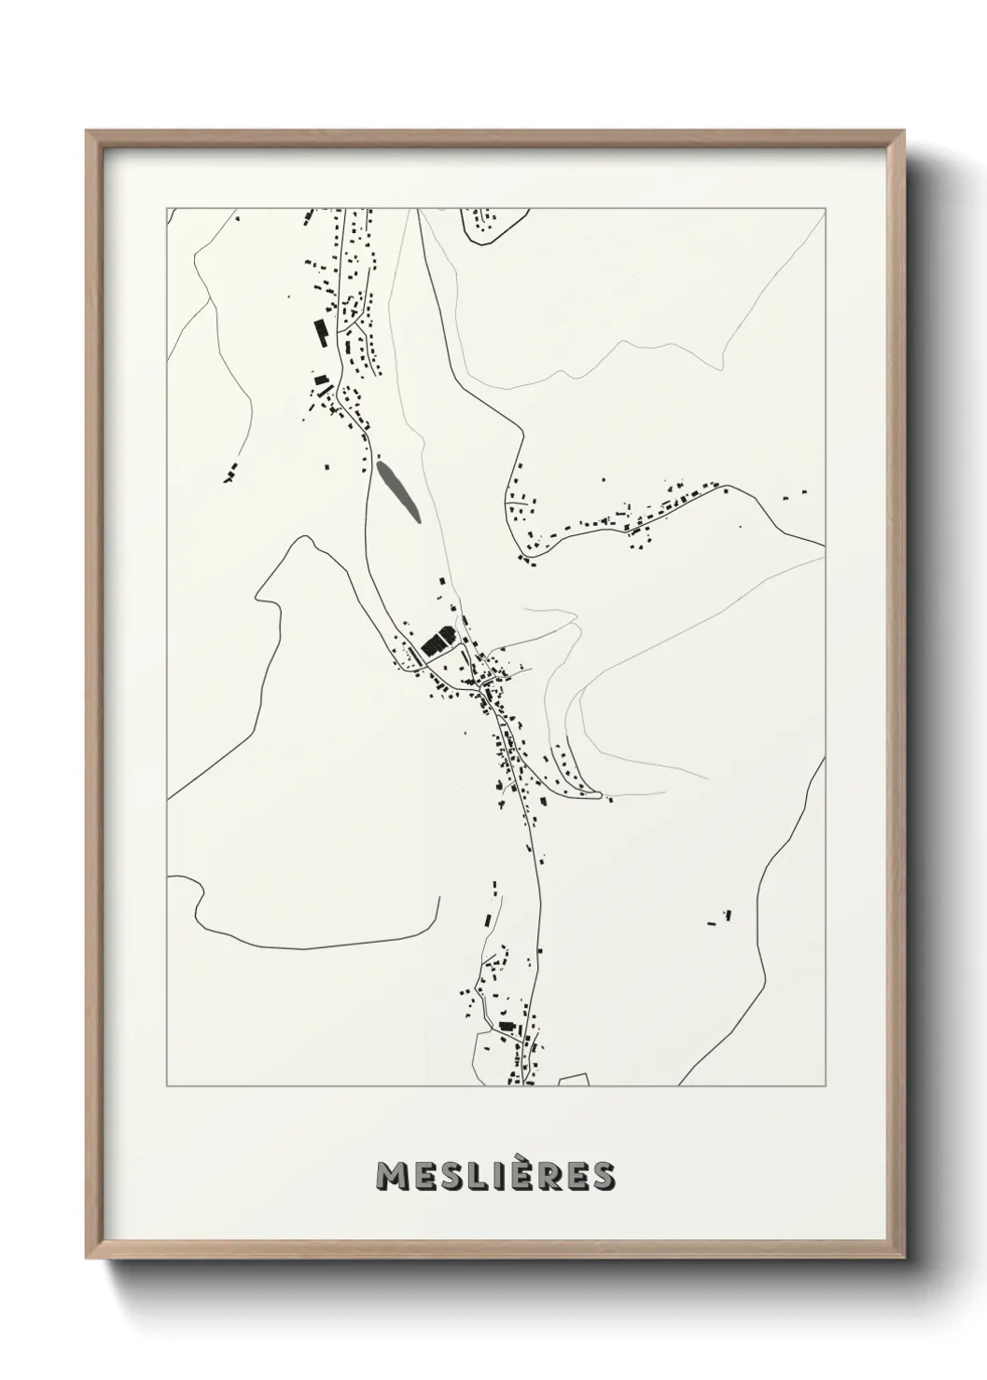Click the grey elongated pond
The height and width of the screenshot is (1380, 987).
point(396,490)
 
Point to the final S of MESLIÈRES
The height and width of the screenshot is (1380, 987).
point(602,1177)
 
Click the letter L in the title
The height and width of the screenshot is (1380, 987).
point(480,1177)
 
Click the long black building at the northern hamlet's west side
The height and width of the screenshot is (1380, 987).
point(320,331)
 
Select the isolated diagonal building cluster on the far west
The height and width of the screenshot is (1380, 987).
point(230,473)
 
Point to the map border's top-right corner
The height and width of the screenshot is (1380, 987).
point(825,208)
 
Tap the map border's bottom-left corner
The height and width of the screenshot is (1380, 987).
point(168,1085)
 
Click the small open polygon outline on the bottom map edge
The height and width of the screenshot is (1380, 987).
point(574,1080)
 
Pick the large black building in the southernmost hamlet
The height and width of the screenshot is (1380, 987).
point(507,1026)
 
